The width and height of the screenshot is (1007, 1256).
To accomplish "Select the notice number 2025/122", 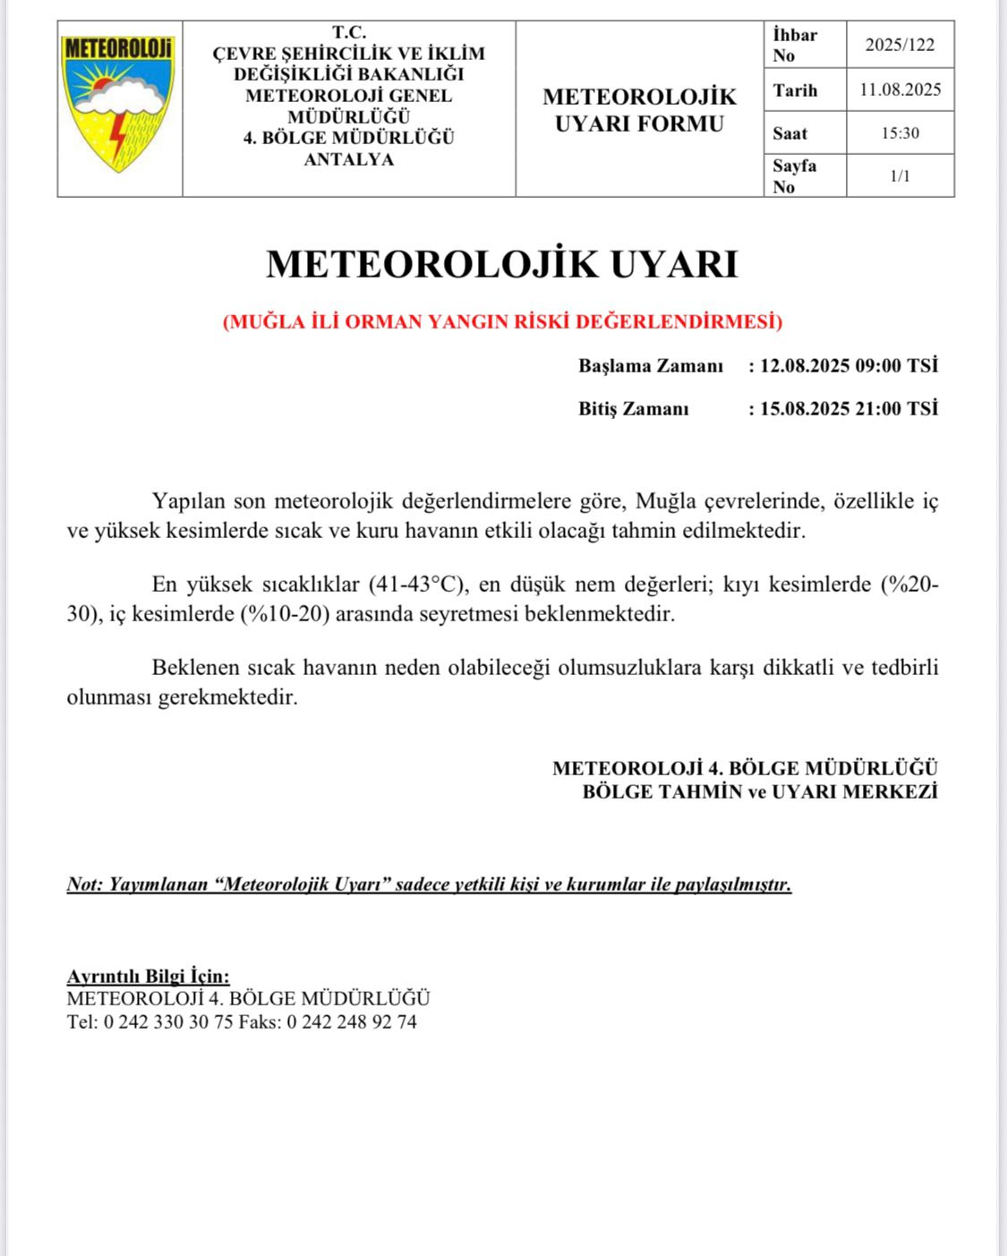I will click(x=900, y=45).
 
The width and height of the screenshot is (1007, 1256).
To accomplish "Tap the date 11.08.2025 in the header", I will click(x=900, y=90).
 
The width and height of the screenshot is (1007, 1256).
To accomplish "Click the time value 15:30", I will click(x=900, y=133).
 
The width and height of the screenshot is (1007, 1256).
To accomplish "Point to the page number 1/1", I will click(x=900, y=176).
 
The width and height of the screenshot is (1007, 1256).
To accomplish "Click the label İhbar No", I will click(x=795, y=45).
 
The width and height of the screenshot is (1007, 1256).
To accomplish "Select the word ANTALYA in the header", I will click(x=349, y=160).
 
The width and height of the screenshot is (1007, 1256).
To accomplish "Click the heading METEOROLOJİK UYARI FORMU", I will click(x=639, y=109).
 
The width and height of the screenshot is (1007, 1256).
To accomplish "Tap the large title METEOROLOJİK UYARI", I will click(x=502, y=264).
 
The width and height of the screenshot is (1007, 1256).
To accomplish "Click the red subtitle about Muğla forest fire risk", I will click(x=502, y=322).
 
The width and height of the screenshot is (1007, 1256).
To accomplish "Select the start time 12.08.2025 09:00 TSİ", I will click(x=849, y=366).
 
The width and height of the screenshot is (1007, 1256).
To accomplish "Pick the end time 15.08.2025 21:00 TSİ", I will click(x=849, y=409).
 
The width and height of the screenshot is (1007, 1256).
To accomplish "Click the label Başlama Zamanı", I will click(x=651, y=366).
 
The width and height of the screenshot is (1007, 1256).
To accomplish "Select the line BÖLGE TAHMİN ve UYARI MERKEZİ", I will click(x=759, y=792).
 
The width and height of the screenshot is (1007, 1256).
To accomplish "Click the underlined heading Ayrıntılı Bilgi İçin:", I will click(x=148, y=977).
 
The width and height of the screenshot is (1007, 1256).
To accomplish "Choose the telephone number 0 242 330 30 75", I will click(x=168, y=1022).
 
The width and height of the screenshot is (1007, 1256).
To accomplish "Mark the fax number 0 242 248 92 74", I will click(x=351, y=1022).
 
